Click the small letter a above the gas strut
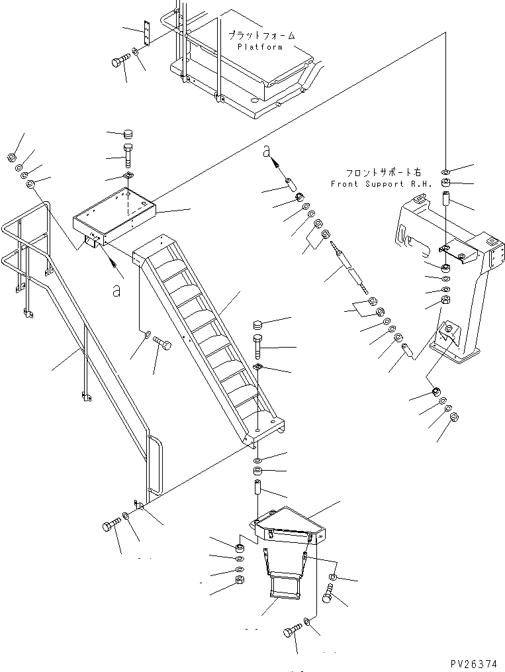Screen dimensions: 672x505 point(267,152)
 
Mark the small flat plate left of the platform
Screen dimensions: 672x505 point(148,32)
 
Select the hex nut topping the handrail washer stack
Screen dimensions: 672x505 point(11,158)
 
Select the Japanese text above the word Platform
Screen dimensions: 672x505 point(261,36)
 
